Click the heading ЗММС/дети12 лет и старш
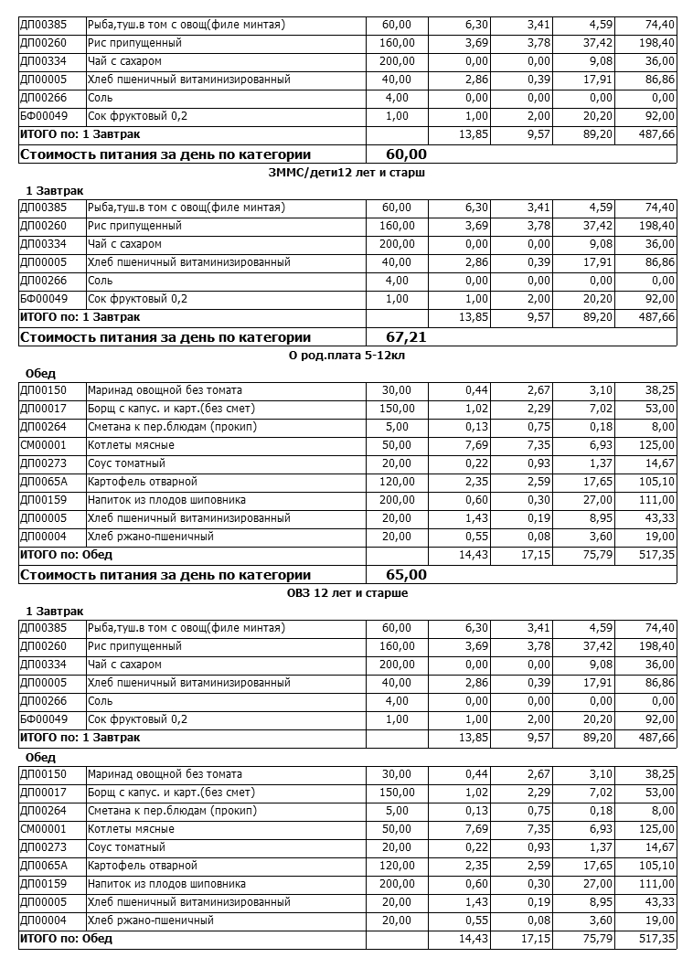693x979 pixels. pyautogui.click(x=346, y=172)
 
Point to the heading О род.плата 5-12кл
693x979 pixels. pyautogui.click(x=346, y=355)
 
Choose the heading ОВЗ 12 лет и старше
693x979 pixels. pyautogui.click(x=346, y=592)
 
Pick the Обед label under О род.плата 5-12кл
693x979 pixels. pyautogui.click(x=41, y=373)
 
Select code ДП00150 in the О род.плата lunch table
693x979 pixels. pyautogui.click(x=42, y=390)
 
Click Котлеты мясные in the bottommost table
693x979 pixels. pyautogui.click(x=131, y=829)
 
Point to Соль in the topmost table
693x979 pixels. pyautogui.click(x=101, y=98)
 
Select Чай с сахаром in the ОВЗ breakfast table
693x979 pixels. pyautogui.click(x=124, y=665)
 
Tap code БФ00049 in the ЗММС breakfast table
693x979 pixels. pyautogui.click(x=43, y=299)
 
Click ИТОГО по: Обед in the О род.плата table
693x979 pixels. pyautogui.click(x=66, y=555)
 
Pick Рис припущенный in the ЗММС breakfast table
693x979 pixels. pyautogui.click(x=134, y=226)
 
